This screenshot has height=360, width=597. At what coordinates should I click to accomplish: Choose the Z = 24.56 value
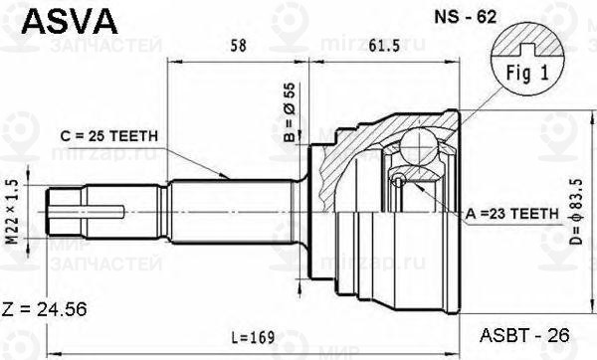click(x=45, y=309)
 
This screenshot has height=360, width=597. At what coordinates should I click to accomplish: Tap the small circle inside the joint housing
click(x=398, y=180)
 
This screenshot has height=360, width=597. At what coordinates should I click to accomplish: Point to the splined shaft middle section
click(x=229, y=211)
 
